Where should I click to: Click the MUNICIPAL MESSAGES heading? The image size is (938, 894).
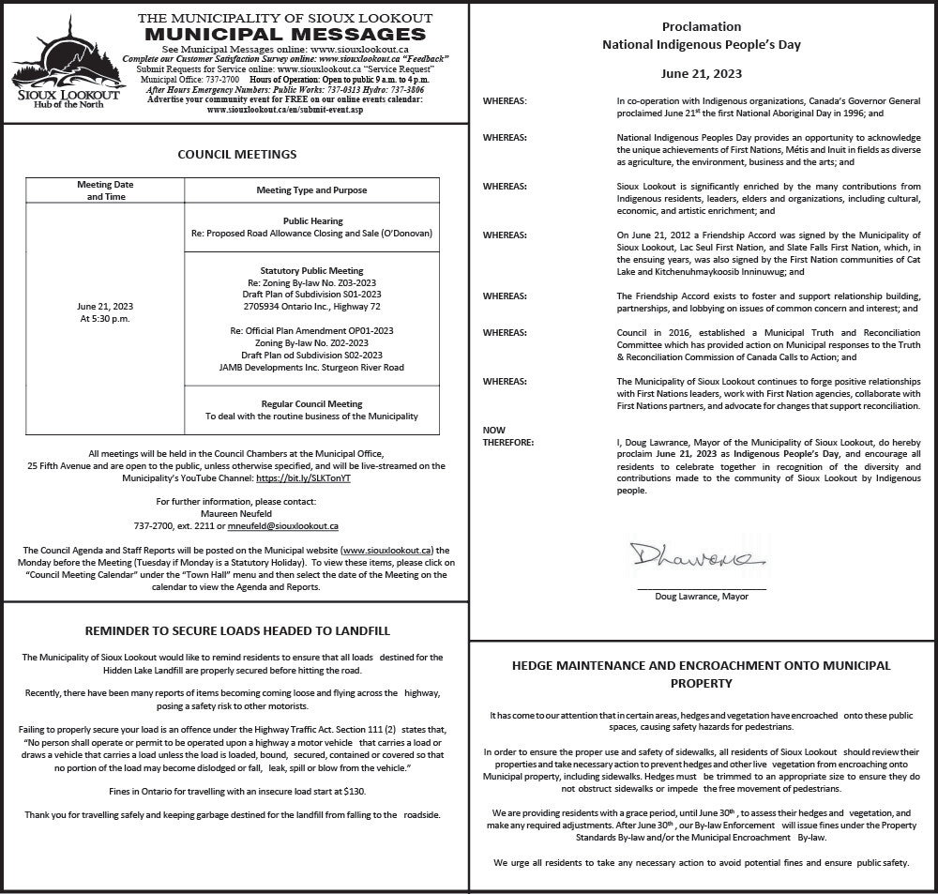pyautogui.click(x=285, y=35)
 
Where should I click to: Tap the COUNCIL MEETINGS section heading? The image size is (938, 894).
pyautogui.click(x=236, y=155)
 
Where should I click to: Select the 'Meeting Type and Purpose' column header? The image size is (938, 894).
pyautogui.click(x=311, y=190)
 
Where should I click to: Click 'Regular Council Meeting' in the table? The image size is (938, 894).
pyautogui.click(x=311, y=403)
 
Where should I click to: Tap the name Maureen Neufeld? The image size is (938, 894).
pyautogui.click(x=235, y=514)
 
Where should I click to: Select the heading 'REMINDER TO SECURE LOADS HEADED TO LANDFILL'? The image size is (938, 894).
pyautogui.click(x=236, y=631)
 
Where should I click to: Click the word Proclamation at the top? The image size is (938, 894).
pyautogui.click(x=701, y=27)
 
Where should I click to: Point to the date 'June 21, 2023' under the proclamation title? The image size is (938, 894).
pyautogui.click(x=701, y=73)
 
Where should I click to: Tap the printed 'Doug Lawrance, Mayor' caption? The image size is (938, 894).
pyautogui.click(x=701, y=596)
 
